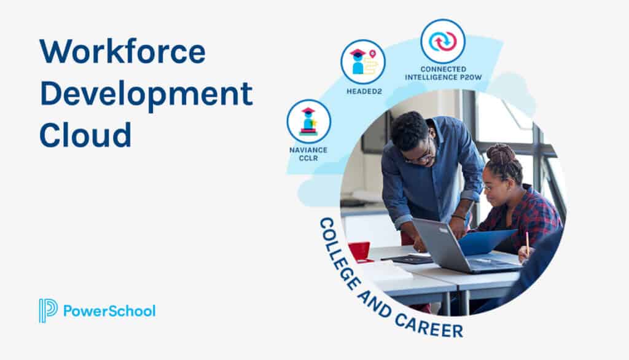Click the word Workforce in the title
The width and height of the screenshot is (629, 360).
(x=122, y=52)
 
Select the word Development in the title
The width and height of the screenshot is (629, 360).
(x=146, y=93)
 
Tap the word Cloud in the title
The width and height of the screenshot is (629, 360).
(x=85, y=135)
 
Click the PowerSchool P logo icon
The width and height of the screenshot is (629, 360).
(x=48, y=310)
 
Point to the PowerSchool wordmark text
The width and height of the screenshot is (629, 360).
(x=109, y=311)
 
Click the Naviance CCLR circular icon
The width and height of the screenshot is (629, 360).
(x=308, y=121)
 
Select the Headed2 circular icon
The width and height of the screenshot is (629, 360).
(x=363, y=61)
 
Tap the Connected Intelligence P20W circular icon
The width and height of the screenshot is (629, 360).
(x=443, y=41)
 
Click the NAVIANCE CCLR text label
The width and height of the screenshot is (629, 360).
(x=308, y=154)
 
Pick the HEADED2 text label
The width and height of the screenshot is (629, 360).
(x=363, y=91)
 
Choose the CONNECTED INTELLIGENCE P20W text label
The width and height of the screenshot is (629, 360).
(x=443, y=73)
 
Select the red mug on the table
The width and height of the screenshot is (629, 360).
(x=359, y=251)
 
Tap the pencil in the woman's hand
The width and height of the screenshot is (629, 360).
(x=526, y=243)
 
